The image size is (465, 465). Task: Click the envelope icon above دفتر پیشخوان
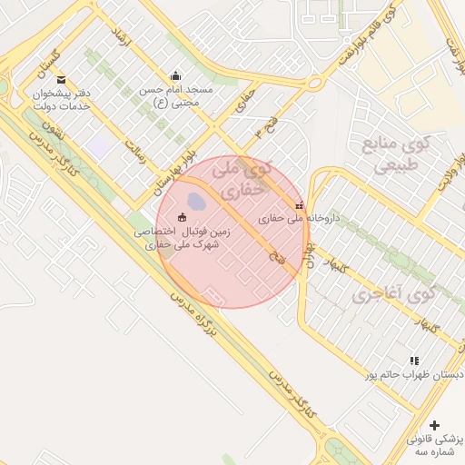pos(61,80)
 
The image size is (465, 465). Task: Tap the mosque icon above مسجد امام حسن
pos(175,76)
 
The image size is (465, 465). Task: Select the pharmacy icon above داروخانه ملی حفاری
pos(300,205)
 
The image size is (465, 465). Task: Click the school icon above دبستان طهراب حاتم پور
pos(415,361)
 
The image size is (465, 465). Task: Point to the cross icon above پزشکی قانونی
pos(434,425)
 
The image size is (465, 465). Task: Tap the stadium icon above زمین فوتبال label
pos(182,217)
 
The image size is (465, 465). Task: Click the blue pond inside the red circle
pos(195,200)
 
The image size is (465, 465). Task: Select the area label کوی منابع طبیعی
pos(392,154)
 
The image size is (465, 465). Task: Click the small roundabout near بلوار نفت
pos(315,83)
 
